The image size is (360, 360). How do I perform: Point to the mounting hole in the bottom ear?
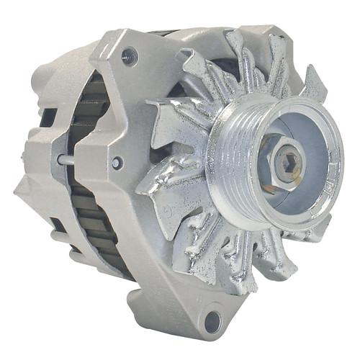212,321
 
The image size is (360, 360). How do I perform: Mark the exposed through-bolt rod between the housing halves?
69,160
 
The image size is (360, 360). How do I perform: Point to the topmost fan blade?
238,47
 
